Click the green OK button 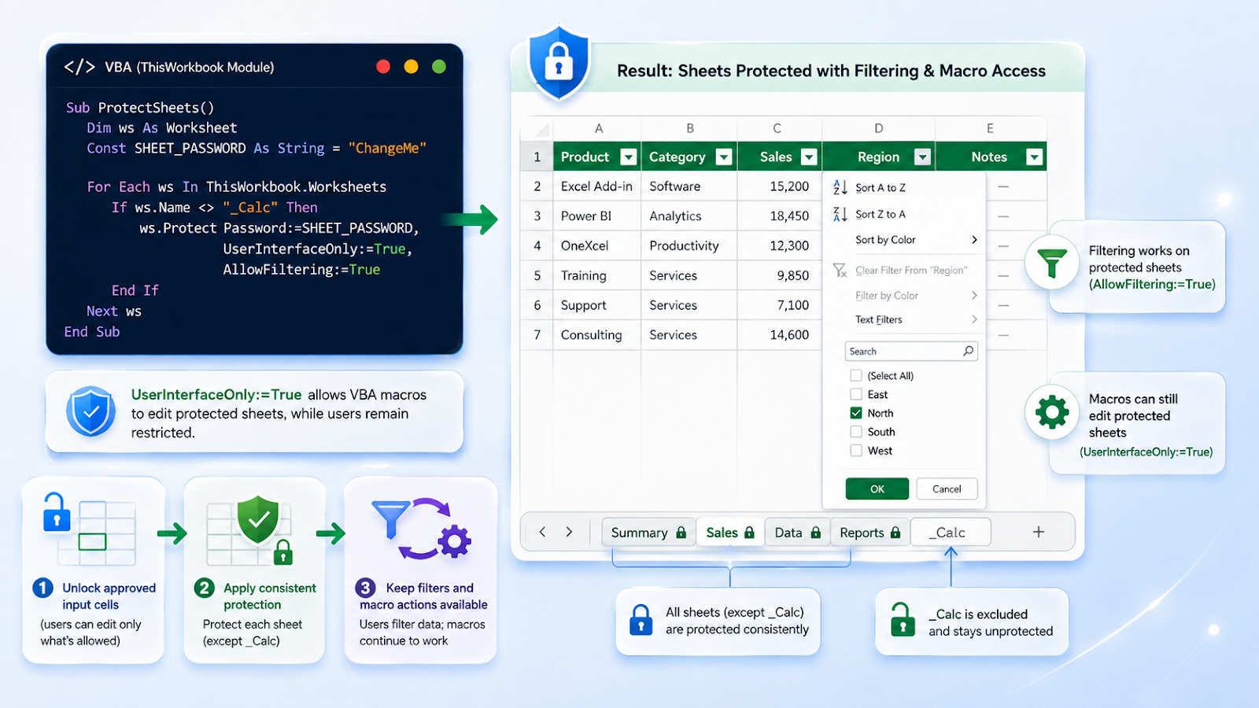coord(877,489)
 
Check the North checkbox coord(856,413)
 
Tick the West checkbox coord(856,451)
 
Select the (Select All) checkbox coord(856,375)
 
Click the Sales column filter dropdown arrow coord(809,157)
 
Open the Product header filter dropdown coord(629,157)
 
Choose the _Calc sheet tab coord(951,532)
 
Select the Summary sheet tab coord(648,532)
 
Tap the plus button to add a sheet coord(1039,532)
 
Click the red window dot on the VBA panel coord(383,67)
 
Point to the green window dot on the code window coord(439,67)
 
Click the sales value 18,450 coord(789,216)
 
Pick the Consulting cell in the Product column coord(591,335)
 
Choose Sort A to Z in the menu coord(881,188)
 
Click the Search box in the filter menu coord(911,351)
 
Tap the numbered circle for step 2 coord(204,588)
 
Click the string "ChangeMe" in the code coord(387,149)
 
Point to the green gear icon coord(1051,413)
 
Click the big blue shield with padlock coord(559,62)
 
